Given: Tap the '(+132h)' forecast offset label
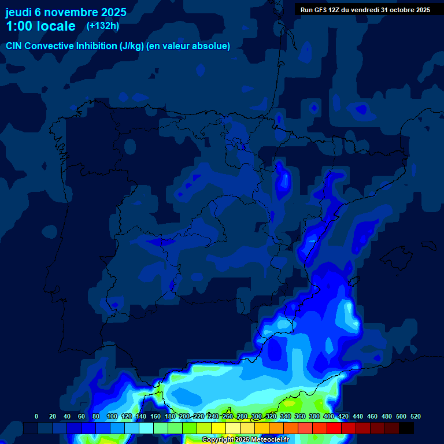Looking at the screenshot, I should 103,26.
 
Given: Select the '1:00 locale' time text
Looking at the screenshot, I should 40,27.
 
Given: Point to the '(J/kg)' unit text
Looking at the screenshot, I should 132,46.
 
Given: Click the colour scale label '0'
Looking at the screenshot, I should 36,416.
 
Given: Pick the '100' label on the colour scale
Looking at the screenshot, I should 112,416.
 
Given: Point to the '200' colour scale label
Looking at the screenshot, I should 184,416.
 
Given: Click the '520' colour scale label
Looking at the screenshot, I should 416,416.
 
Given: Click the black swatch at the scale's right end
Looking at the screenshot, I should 406,428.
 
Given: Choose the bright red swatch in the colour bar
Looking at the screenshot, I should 334,428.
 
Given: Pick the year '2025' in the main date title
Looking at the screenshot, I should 113,12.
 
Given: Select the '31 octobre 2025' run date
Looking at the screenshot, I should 405,10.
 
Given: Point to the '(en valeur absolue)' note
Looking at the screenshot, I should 188,46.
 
